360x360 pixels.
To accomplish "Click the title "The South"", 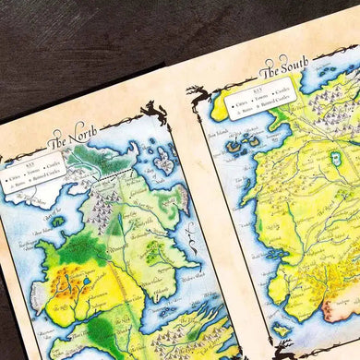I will (x=284, y=67).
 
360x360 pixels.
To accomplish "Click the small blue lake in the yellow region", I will (x=87, y=282).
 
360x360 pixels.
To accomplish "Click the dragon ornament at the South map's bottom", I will (x=282, y=349).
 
